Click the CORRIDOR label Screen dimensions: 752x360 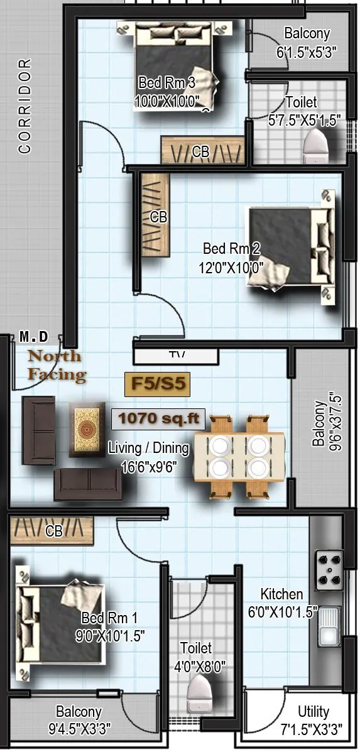pyautogui.click(x=25, y=106)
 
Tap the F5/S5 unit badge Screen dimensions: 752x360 pyautogui.click(x=157, y=384)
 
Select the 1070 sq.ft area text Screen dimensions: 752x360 pyautogui.click(x=158, y=418)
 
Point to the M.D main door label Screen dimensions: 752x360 pyautogui.click(x=33, y=337)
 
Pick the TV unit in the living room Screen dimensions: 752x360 pyautogui.click(x=177, y=356)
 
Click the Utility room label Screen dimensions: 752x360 pyautogui.click(x=313, y=712)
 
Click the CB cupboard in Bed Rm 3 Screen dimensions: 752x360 pyautogui.click(x=201, y=151)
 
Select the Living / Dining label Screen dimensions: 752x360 pyautogui.click(x=148, y=449)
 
